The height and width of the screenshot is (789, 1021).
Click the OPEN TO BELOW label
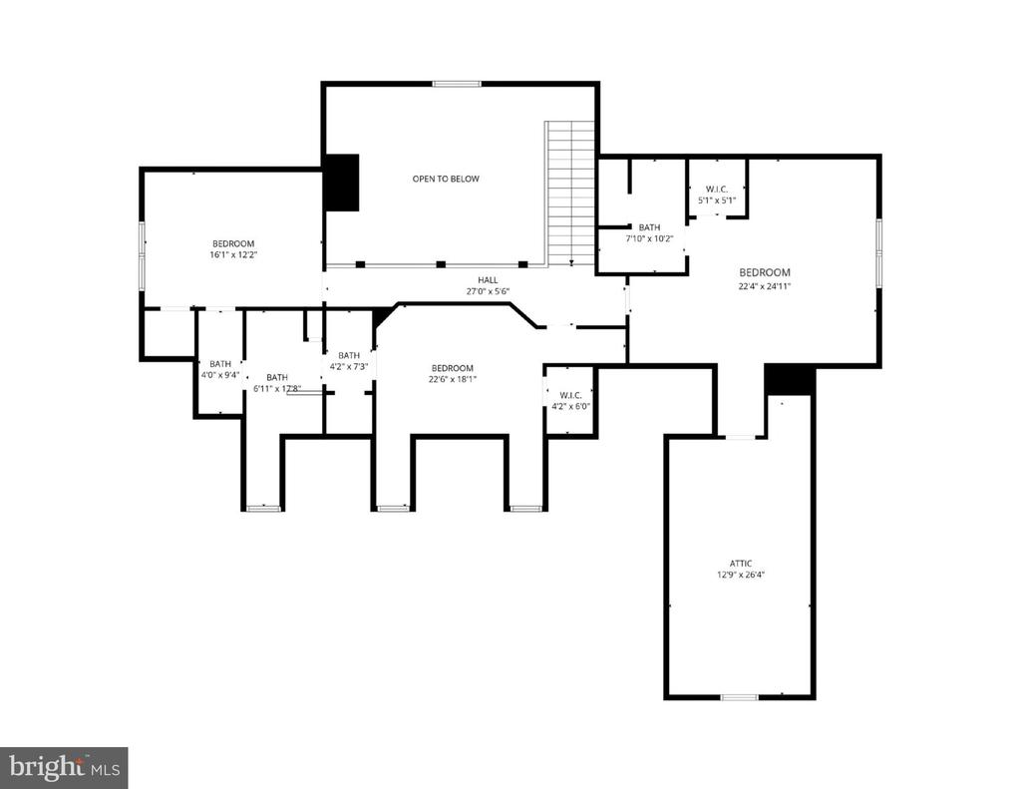[446, 180]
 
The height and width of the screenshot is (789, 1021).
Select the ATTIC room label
[740, 563]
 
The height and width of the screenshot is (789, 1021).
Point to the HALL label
[488, 280]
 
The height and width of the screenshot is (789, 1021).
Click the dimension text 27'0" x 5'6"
[488, 291]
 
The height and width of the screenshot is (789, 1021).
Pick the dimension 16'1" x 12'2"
[232, 255]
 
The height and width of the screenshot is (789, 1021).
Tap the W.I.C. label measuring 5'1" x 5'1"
[717, 189]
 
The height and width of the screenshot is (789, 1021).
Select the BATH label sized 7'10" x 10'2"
[649, 227]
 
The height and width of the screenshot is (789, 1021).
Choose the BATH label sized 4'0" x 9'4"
[220, 364]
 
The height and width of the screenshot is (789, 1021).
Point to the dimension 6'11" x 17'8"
[276, 388]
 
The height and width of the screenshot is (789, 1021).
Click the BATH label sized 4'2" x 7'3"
[349, 355]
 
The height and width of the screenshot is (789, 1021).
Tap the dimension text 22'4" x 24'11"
[765, 285]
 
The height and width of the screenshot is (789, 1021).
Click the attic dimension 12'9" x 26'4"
[740, 575]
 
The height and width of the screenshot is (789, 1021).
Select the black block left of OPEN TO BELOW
[342, 182]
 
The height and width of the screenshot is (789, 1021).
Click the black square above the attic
[790, 379]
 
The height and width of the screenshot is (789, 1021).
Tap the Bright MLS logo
[64, 767]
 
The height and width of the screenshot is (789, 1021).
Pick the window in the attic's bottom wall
[739, 696]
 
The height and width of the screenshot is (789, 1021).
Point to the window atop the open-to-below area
[457, 83]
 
